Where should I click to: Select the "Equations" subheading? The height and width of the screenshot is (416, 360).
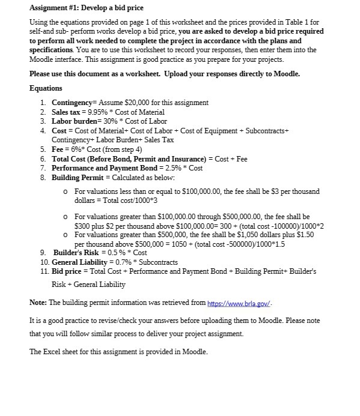click(x=46, y=88)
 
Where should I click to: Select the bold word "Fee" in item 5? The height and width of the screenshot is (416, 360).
click(x=58, y=149)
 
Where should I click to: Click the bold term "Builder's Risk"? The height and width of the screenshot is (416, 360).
click(x=78, y=252)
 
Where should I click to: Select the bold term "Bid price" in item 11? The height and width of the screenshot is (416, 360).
click(x=67, y=271)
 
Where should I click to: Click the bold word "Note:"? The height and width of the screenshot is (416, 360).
click(x=38, y=302)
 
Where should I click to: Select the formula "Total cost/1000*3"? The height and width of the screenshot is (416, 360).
click(x=113, y=200)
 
